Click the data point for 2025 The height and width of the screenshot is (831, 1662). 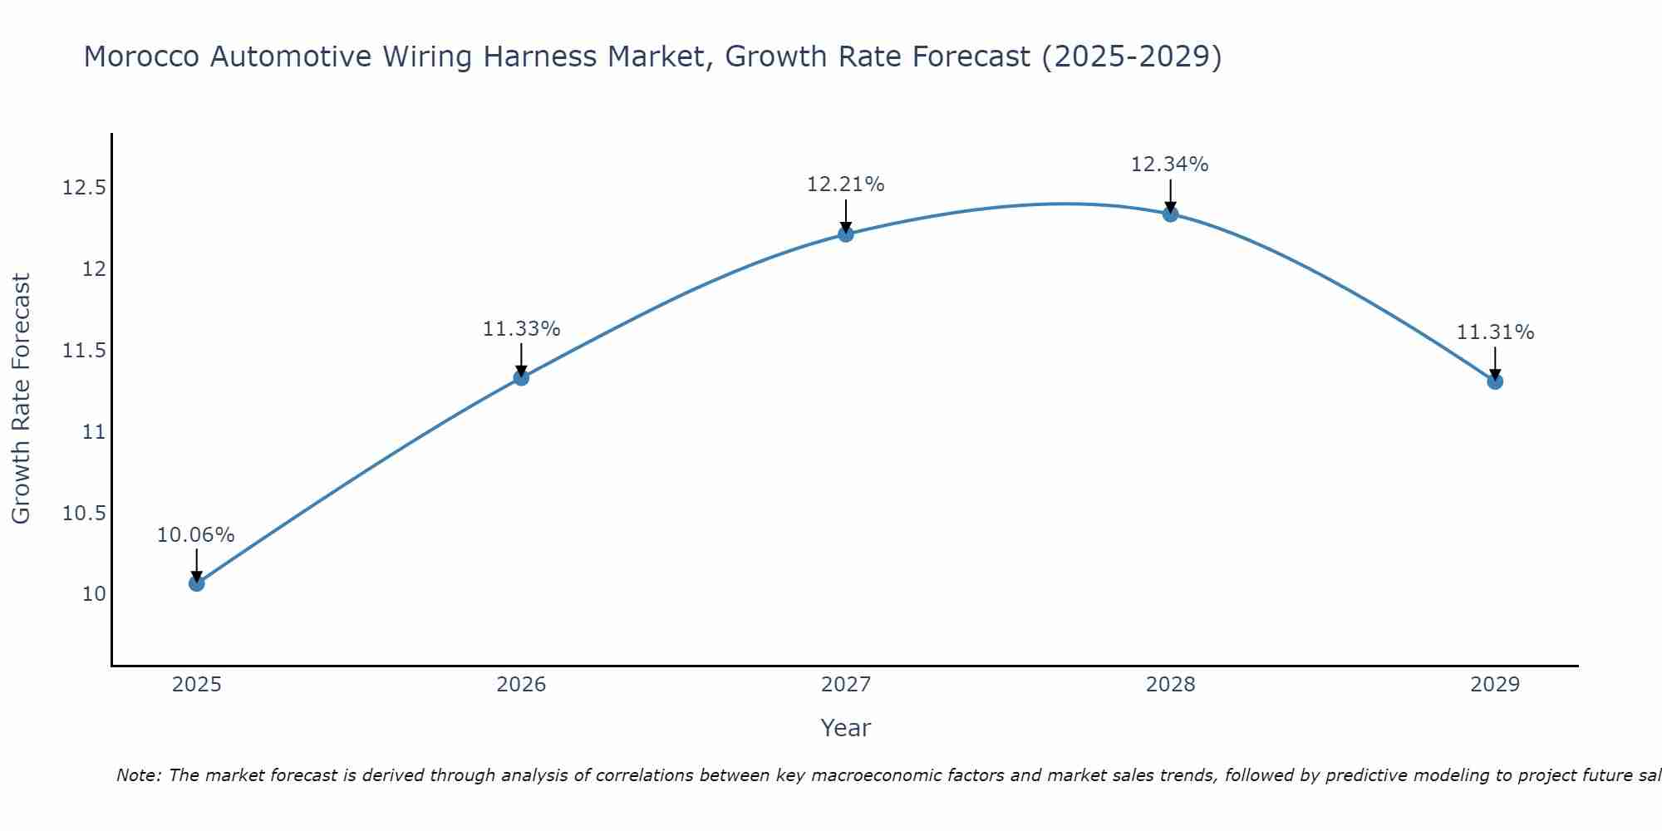[x=196, y=583]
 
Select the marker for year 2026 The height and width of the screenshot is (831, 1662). [x=521, y=377]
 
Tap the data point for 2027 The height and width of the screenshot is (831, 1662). [x=846, y=234]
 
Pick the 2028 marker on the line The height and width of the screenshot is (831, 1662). [x=1170, y=214]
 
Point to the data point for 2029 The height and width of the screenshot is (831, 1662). [x=1495, y=381]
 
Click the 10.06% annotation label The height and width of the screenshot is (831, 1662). [x=196, y=535]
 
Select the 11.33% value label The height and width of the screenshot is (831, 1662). [x=521, y=329]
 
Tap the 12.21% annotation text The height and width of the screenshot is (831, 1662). [x=846, y=184]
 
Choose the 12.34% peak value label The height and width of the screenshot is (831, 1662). [x=1170, y=165]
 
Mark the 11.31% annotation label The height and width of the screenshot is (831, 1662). [x=1495, y=332]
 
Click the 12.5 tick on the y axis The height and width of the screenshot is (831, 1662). [x=84, y=188]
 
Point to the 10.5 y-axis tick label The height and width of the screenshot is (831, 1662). [x=84, y=514]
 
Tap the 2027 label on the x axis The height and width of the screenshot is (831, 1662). [x=846, y=685]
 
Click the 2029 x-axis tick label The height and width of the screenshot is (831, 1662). [x=1495, y=685]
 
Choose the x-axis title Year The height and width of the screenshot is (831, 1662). [x=845, y=728]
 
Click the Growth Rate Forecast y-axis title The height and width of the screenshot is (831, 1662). [x=21, y=399]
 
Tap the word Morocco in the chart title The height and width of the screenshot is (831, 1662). [x=141, y=57]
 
